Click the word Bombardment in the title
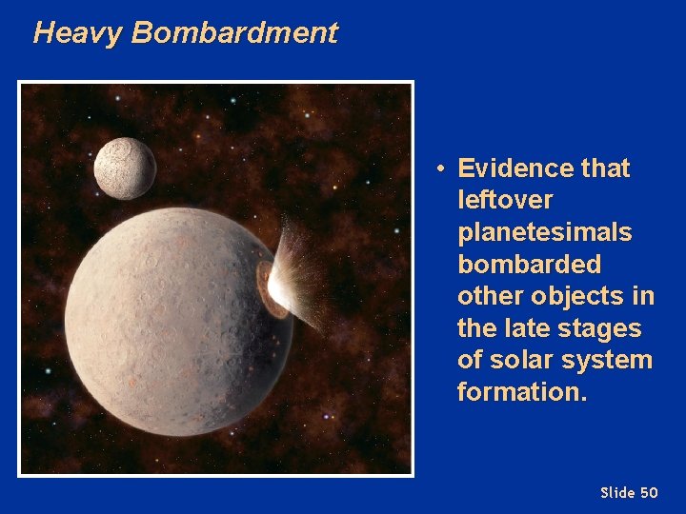234,33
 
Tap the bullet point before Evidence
441,169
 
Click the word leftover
505,201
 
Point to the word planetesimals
544,233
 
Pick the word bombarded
529,265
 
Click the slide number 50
649,492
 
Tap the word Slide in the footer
617,492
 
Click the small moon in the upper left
125,168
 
